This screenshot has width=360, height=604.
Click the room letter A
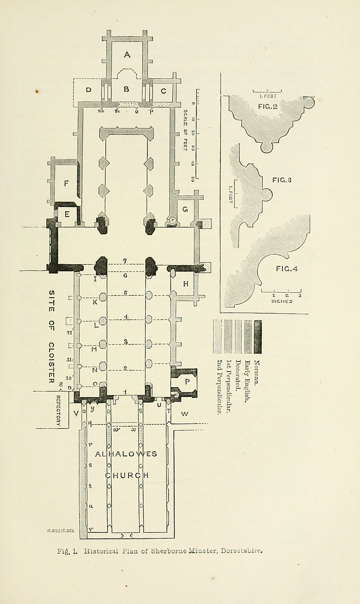[x=127, y=55]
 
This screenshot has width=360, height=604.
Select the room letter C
[x=163, y=91]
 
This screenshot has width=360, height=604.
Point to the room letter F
[x=67, y=183]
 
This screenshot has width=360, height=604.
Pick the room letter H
[x=185, y=284]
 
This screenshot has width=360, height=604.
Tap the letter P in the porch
[x=187, y=381]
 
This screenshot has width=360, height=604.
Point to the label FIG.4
[x=287, y=269]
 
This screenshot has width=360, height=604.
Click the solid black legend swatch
[x=257, y=337]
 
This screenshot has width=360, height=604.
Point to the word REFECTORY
[x=58, y=410]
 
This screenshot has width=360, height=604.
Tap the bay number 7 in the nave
[x=126, y=261]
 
